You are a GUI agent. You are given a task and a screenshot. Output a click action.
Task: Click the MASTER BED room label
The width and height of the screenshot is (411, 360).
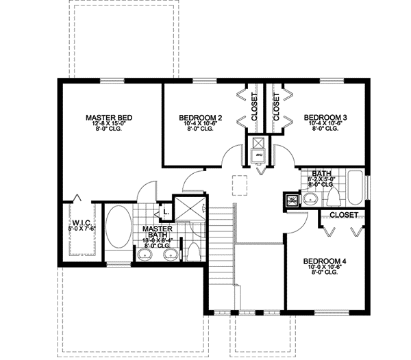[109, 118]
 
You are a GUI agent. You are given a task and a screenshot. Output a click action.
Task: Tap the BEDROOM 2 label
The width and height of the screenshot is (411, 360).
[201, 118]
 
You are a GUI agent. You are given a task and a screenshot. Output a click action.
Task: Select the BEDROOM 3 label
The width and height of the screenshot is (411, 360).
[325, 118]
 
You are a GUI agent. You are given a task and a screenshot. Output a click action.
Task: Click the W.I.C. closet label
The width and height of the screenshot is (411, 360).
[81, 223]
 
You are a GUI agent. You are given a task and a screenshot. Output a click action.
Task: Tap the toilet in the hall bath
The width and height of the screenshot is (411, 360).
[334, 197]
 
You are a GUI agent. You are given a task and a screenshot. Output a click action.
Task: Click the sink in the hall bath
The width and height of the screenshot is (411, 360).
[310, 199]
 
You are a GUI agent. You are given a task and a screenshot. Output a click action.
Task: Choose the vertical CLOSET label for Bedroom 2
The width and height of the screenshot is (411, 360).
[254, 107]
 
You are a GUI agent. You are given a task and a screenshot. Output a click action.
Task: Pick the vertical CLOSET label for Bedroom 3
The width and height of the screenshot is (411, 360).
[276, 107]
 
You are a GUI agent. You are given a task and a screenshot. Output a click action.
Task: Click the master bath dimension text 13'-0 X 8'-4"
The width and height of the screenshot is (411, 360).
[157, 241]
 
